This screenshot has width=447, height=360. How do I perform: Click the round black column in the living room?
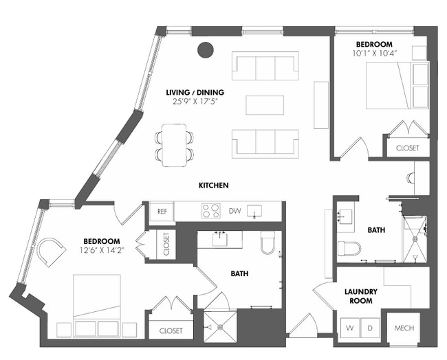tap(205, 49)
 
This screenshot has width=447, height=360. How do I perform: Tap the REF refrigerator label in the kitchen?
tap(162, 212)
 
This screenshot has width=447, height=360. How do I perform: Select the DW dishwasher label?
tap(234, 212)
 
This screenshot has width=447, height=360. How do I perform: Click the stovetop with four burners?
tap(210, 211)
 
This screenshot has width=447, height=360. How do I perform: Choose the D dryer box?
tap(369, 328)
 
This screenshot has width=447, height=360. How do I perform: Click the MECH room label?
tap(404, 328)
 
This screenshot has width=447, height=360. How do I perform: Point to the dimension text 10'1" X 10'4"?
tap(373, 53)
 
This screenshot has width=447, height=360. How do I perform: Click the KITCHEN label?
tap(213, 185)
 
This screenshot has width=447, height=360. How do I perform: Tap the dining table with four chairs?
tap(174, 145)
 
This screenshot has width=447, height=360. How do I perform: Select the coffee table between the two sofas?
tap(265, 104)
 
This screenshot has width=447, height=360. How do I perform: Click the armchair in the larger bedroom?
tap(53, 252)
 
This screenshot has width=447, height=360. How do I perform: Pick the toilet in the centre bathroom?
tap(268, 243)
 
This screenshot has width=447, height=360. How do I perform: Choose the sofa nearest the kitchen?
tap(265, 143)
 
